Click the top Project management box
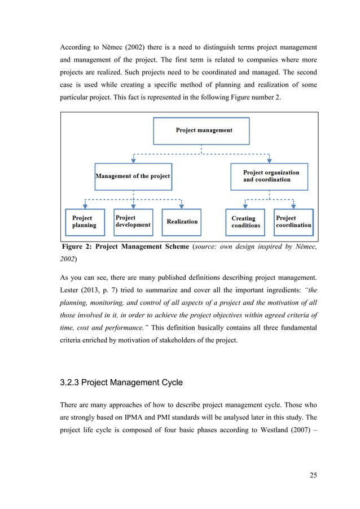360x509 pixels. pyautogui.click(x=201, y=130)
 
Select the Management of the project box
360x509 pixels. pyautogui.click(x=133, y=176)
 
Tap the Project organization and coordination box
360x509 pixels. pyautogui.click(x=269, y=176)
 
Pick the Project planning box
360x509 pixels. pyautogui.click(x=85, y=221)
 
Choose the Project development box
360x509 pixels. pyautogui.click(x=133, y=221)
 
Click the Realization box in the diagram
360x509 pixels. pyautogui.click(x=182, y=221)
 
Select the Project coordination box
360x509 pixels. pyautogui.click(x=293, y=221)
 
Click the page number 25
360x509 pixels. pyautogui.click(x=313, y=475)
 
